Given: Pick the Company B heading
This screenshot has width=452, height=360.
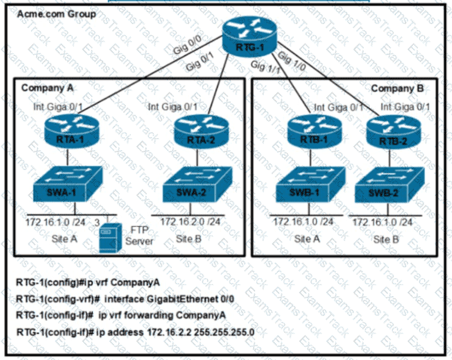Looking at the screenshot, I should click(x=397, y=88).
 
